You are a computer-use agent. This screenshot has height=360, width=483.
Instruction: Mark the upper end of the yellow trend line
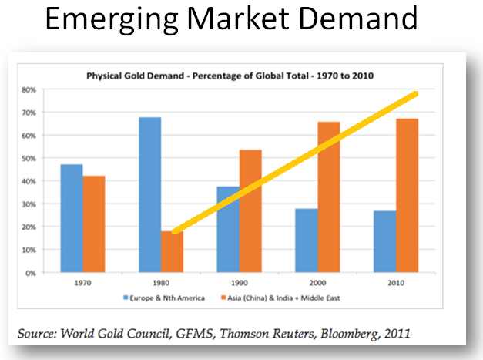click(x=415, y=94)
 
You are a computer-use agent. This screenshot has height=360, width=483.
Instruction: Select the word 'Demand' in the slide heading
click(x=362, y=19)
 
